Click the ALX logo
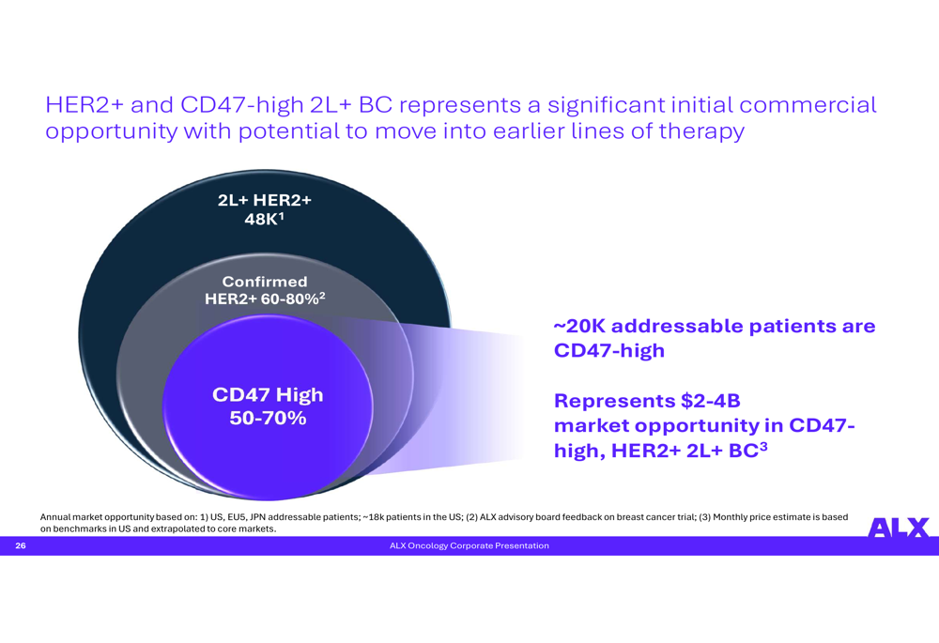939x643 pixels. coord(899,528)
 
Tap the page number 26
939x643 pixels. coord(21,545)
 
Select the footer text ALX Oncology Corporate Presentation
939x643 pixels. coord(469,545)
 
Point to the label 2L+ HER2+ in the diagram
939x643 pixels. coord(265,199)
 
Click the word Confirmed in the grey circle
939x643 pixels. coord(265,282)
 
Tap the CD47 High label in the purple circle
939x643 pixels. coord(268,394)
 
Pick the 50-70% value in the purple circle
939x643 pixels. coord(268,418)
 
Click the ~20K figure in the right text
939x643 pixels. coord(579,326)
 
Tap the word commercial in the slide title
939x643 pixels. coord(808,105)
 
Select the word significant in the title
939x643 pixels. coord(606,105)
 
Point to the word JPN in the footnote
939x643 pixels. coord(257,516)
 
